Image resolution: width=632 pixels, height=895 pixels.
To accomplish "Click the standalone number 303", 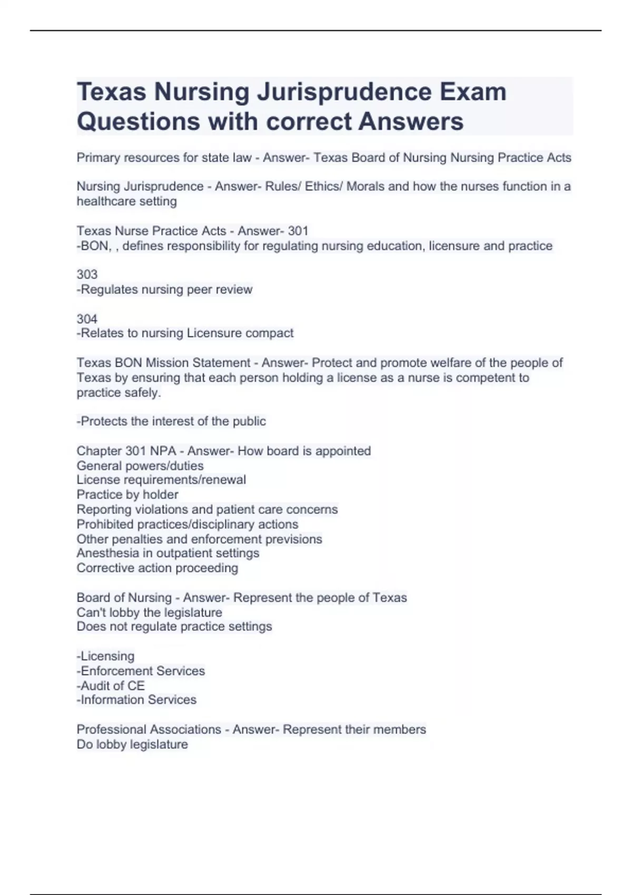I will click(87, 274).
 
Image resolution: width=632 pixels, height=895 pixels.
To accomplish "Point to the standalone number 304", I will click(87, 319).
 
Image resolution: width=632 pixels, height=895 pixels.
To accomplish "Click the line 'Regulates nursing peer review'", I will click(165, 290).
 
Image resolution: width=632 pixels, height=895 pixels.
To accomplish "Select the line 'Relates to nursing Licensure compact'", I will click(185, 333).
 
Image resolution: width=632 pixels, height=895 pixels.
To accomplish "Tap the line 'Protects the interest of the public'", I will click(171, 421).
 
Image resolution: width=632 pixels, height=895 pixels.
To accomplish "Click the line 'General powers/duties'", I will click(140, 466).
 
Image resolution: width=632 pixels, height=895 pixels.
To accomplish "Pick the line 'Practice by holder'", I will click(127, 495).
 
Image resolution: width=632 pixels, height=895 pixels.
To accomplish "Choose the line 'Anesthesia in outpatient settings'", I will click(168, 553).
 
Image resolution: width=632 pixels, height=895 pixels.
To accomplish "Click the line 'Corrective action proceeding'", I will click(157, 568).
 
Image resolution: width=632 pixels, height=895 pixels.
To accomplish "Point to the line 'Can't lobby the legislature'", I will click(150, 613).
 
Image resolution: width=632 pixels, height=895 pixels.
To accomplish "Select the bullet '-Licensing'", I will click(106, 656).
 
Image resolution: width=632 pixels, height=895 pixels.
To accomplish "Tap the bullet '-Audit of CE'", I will click(111, 685).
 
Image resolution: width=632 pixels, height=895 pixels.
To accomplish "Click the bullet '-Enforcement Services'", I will click(141, 671).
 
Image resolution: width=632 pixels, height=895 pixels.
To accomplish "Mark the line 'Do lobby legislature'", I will click(132, 744).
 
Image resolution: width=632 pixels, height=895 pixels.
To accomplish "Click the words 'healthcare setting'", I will click(127, 201).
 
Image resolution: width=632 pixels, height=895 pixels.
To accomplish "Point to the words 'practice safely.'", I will click(119, 393).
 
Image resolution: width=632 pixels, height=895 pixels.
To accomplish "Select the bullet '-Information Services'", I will click(136, 700).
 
